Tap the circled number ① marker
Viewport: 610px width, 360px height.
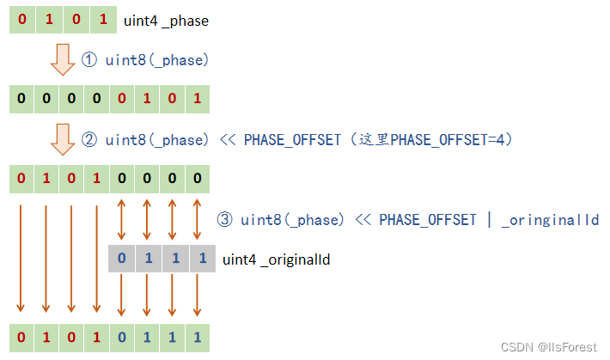click(91, 60)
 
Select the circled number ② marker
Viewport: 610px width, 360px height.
click(91, 139)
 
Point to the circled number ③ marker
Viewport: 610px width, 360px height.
click(226, 219)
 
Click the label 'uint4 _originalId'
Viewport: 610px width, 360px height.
click(277, 259)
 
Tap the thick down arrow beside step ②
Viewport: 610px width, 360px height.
click(61, 138)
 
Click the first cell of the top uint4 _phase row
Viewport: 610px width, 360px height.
click(21, 20)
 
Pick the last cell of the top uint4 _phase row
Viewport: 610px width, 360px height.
click(103, 20)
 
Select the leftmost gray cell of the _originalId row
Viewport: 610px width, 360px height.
click(122, 259)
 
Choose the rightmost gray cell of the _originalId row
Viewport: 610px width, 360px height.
click(203, 259)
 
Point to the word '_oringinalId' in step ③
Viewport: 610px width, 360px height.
click(551, 219)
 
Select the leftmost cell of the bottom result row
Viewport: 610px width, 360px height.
click(21, 337)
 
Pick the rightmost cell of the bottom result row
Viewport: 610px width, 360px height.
click(198, 337)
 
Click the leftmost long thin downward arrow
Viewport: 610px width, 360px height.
click(21, 258)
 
